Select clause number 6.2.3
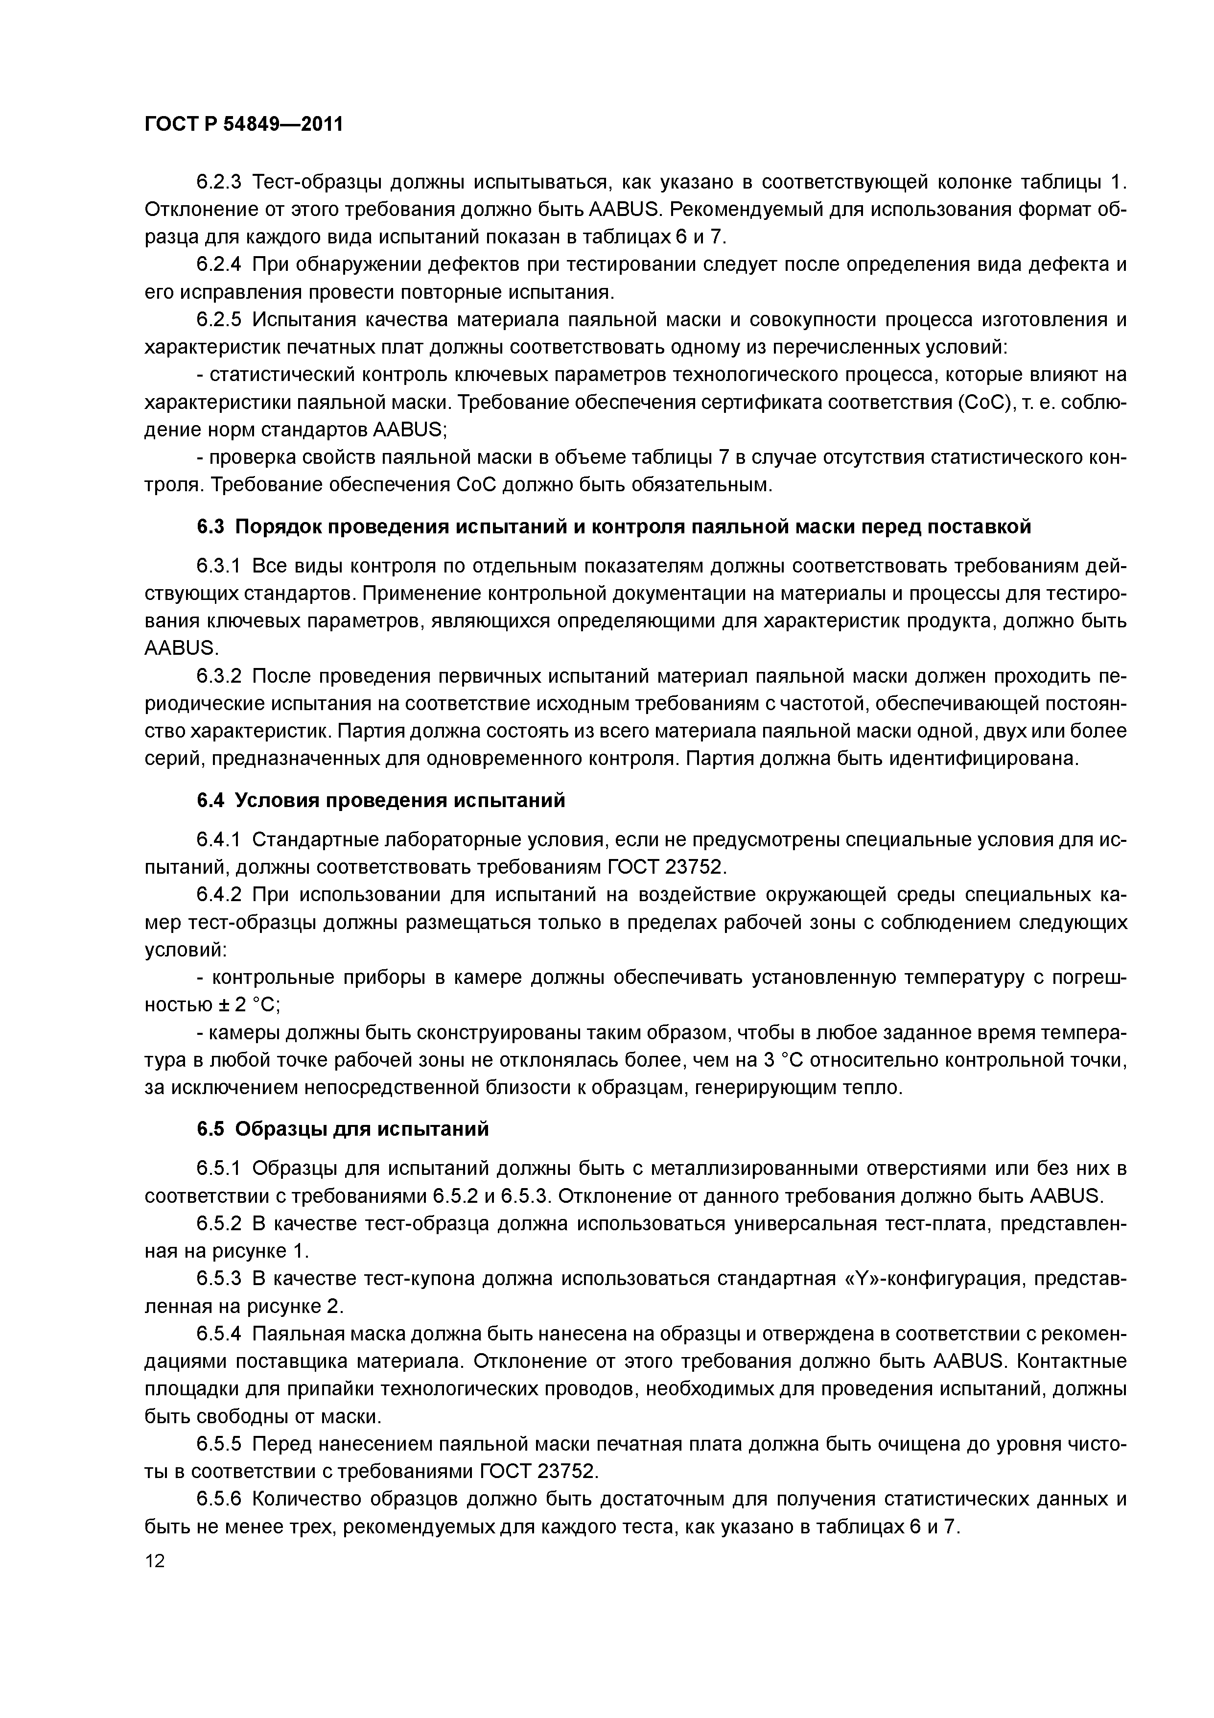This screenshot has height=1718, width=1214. coord(218,182)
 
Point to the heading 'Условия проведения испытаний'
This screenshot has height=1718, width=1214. coord(400,801)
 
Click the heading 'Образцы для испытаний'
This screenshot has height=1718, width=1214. coord(362,1128)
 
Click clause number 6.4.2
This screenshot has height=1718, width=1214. coord(218,895)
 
